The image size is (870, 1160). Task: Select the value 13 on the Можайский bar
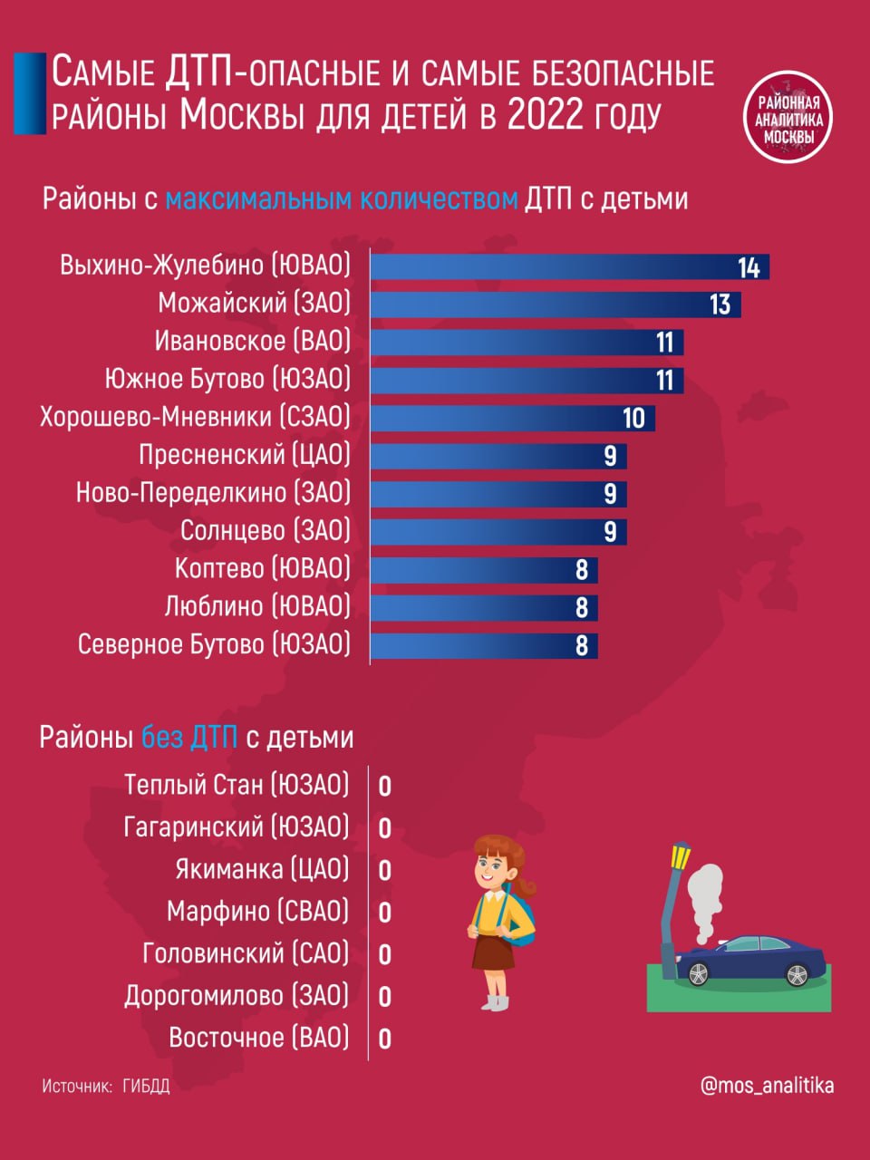[720, 304]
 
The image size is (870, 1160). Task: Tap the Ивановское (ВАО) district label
[252, 342]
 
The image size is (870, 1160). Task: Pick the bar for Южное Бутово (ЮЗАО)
[526, 380]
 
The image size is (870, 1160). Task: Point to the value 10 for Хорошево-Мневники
[633, 418]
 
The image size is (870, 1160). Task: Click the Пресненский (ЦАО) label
[244, 455]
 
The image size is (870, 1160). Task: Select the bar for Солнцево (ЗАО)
[498, 531]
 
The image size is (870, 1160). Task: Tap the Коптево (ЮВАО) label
[262, 568]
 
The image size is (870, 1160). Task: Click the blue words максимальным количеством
[342, 198]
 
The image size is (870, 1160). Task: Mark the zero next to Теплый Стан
[384, 786]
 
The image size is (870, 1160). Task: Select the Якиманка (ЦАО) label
[262, 869]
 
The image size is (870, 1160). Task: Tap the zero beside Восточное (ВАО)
[384, 1039]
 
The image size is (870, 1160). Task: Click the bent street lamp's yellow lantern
[680, 855]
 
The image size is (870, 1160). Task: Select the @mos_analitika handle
[767, 1085]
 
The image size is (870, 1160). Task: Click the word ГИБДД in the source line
[146, 1086]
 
